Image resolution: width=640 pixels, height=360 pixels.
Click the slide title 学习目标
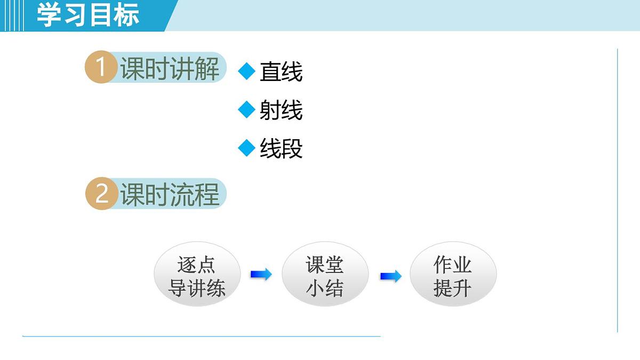pos(88,15)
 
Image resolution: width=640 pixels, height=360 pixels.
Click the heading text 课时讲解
pos(170,69)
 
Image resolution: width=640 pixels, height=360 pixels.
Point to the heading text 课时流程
pos(170,195)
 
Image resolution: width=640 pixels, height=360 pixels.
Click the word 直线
pos(281,72)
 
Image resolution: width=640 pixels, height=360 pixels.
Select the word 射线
pos(281,110)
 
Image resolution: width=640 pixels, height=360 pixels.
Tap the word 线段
pos(281,149)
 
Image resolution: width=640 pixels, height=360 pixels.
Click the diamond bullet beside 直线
pos(247,71)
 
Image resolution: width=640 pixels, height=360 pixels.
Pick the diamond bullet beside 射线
pos(247,110)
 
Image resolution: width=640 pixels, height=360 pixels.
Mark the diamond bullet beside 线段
pos(247,148)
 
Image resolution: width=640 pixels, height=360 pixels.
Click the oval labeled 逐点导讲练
pos(197,276)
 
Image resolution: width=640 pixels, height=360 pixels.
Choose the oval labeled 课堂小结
pos(325,276)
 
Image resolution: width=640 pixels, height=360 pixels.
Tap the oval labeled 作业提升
pos(453,276)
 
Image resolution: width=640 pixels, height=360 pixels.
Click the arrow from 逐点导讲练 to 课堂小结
pos(261,275)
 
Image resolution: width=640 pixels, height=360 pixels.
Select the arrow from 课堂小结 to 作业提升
pos(390,276)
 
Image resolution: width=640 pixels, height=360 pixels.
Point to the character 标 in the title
pos(127,15)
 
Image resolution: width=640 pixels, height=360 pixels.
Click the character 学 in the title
pos(49,15)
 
